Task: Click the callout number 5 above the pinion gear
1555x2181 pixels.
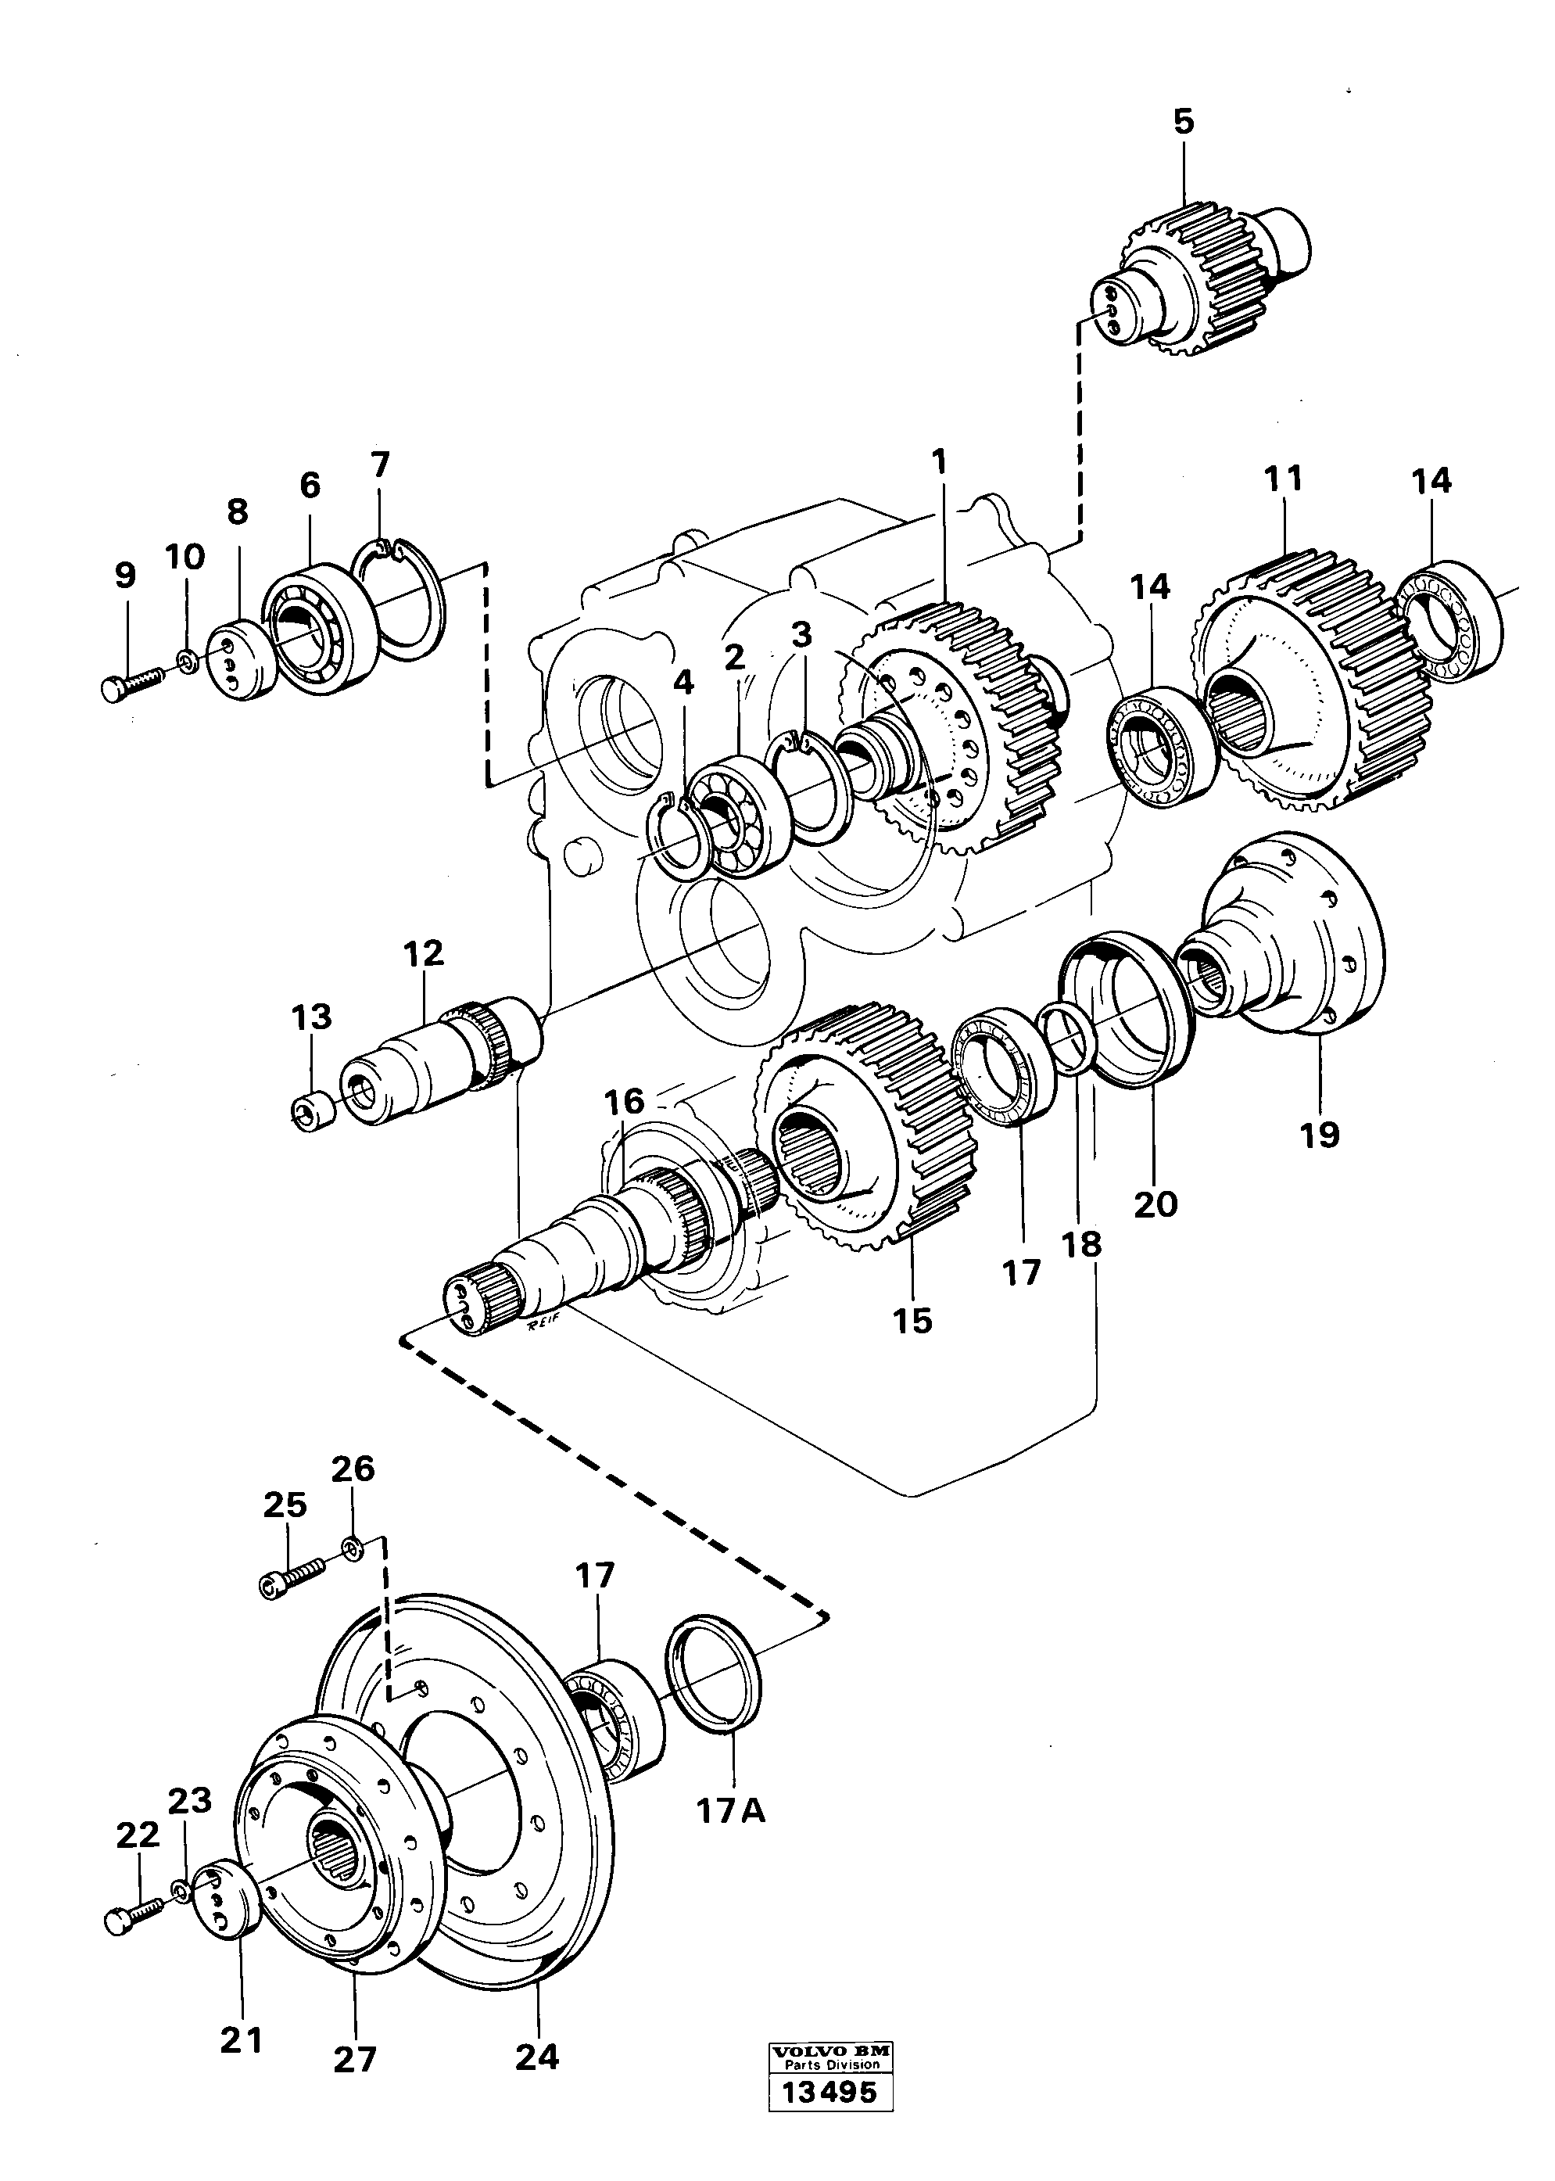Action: click(x=1184, y=123)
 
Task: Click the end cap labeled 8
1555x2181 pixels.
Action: click(x=242, y=660)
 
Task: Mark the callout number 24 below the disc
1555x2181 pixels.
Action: click(x=536, y=2054)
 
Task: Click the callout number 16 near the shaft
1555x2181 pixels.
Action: click(x=625, y=1102)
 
